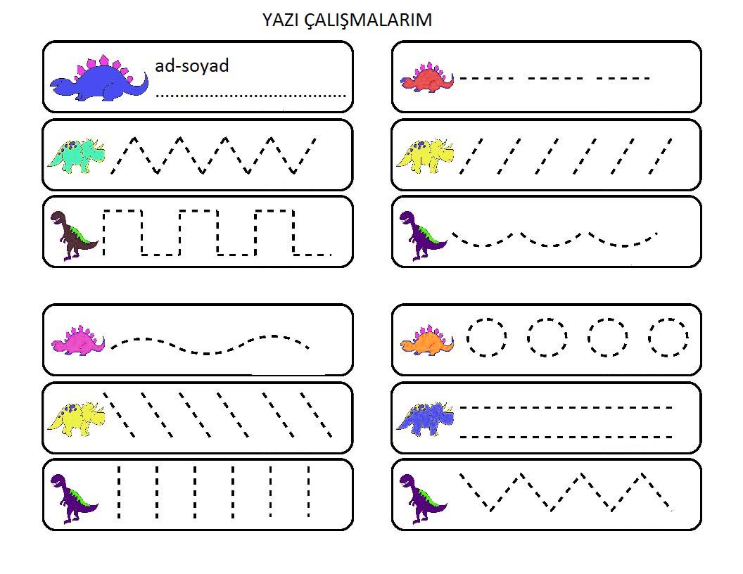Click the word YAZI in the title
[x=281, y=20]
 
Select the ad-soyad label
[x=191, y=66]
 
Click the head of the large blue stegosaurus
[x=62, y=84]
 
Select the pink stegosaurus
[x=77, y=341]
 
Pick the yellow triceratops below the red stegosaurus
[x=424, y=155]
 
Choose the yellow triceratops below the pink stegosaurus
[x=75, y=418]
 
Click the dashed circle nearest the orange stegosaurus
[x=486, y=338]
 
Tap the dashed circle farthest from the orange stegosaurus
[x=668, y=338]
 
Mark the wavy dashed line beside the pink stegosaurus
[x=210, y=344]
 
